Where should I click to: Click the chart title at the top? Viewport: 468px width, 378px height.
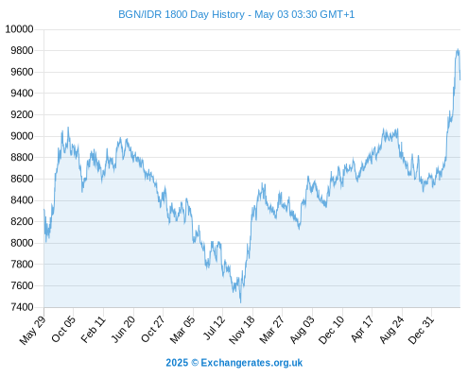[236, 14]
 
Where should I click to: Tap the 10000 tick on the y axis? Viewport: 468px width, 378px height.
[20, 29]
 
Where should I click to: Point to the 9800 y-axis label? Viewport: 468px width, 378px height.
[22, 51]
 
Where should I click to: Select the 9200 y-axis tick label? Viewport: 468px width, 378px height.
[22, 114]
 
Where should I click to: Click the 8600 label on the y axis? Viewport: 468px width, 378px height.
[22, 179]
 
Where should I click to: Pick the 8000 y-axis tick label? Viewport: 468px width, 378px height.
[22, 243]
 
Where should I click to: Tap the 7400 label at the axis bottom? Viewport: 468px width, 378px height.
[22, 307]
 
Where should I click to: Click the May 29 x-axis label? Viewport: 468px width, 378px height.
[33, 330]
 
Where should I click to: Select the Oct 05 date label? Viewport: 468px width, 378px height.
[63, 329]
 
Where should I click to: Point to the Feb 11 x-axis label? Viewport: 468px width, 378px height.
[94, 330]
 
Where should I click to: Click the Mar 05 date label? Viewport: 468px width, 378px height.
[182, 330]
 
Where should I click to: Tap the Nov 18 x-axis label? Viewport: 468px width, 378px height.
[242, 330]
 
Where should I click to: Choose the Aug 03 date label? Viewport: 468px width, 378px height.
[303, 330]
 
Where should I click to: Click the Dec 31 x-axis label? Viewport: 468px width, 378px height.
[422, 330]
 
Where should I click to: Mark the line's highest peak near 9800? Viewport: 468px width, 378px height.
[458, 49]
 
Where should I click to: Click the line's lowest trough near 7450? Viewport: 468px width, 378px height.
[241, 302]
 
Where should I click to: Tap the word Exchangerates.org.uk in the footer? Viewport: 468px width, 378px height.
[251, 363]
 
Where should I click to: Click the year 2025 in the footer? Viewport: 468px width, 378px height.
[177, 363]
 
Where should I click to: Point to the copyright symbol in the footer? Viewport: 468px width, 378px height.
[195, 363]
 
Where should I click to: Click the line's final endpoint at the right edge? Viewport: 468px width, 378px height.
[460, 79]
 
